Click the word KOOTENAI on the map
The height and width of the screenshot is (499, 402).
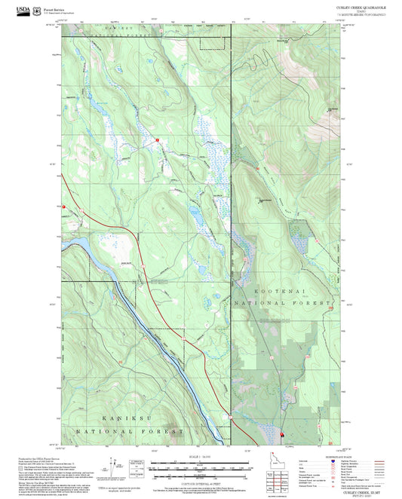coord(282,289)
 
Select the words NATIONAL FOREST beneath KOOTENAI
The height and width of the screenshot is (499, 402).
coord(283,302)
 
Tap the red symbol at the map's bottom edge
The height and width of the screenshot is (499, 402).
coord(282,435)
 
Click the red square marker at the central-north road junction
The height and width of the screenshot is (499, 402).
coord(156,140)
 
